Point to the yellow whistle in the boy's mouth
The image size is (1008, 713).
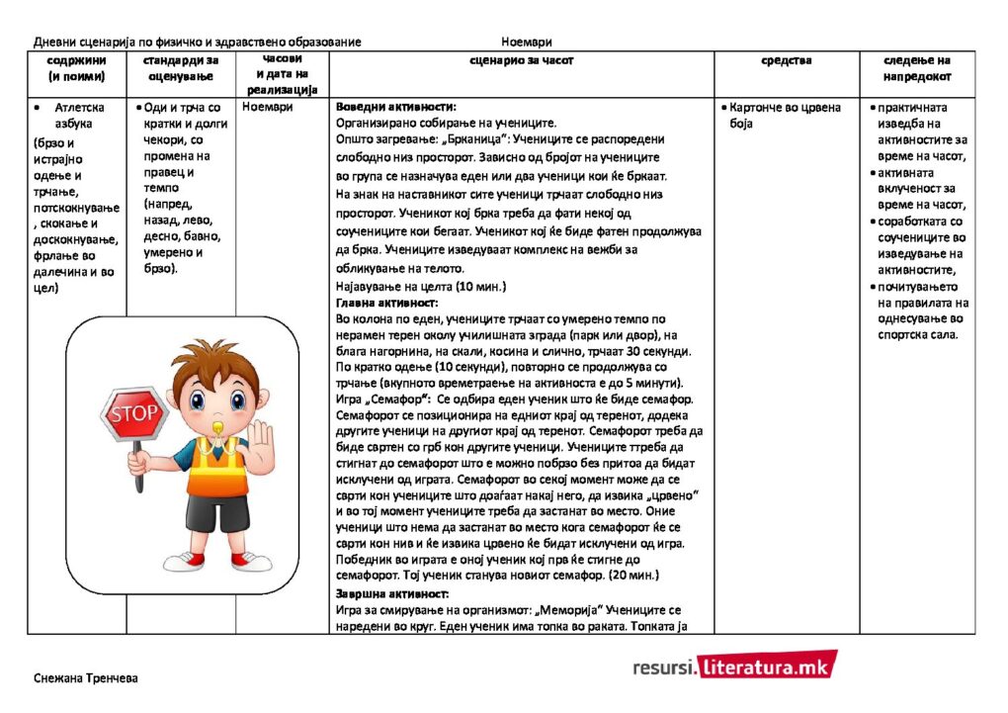coord(211,422)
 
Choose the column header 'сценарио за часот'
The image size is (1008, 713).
coord(521,61)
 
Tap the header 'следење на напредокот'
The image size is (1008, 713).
coord(916,68)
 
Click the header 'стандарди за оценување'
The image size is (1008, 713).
coord(181,68)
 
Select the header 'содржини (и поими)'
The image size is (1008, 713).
coord(76,68)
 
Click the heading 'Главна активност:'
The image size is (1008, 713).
coord(387,303)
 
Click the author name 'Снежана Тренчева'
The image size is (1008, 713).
coord(85,678)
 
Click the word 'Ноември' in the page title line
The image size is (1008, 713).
coord(526,42)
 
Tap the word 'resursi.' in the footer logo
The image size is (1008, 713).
coord(662,668)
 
